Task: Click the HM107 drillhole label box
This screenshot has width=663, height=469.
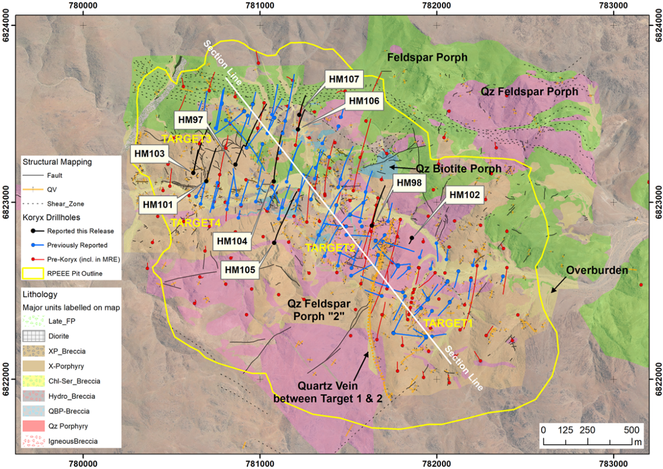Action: pos(344,80)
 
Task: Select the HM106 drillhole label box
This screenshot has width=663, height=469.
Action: pos(364,101)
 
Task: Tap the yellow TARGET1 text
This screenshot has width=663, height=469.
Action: pos(448,325)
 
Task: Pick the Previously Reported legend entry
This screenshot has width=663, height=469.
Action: pos(77,245)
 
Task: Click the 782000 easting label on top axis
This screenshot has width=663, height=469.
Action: pos(436,7)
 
